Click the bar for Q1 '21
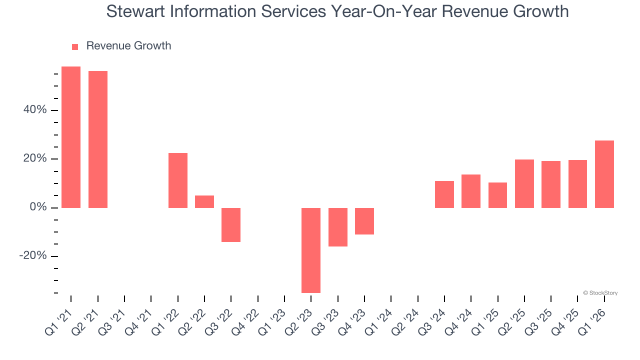[x=71, y=137]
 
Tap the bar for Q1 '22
[x=178, y=180]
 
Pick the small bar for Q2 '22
[x=204, y=201]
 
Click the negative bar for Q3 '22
[x=231, y=224]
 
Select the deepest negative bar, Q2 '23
[x=311, y=250]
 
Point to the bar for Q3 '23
[x=337, y=227]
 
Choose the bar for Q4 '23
[x=364, y=221]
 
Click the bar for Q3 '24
[x=444, y=194]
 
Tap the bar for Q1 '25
[x=497, y=195]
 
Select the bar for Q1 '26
[x=604, y=174]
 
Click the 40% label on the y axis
[x=35, y=110]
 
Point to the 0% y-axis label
[x=38, y=207]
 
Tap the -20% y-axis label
[x=33, y=256]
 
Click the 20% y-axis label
[x=35, y=158]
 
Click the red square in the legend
[x=75, y=46]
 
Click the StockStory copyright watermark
[x=600, y=293]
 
